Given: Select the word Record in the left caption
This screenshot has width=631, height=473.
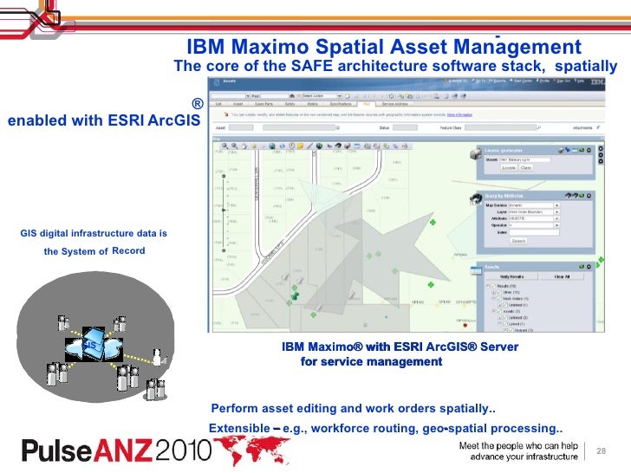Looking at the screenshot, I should pyautogui.click(x=128, y=250).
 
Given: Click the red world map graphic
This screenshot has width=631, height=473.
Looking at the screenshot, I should pyautogui.click(x=251, y=451).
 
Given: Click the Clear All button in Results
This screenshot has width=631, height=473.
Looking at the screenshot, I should pyautogui.click(x=562, y=276).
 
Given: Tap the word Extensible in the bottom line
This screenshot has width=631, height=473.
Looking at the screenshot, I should pyautogui.click(x=239, y=429).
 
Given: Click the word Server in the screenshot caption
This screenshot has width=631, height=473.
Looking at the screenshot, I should pyautogui.click(x=498, y=347).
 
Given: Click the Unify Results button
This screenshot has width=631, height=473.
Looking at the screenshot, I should pyautogui.click(x=516, y=276).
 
